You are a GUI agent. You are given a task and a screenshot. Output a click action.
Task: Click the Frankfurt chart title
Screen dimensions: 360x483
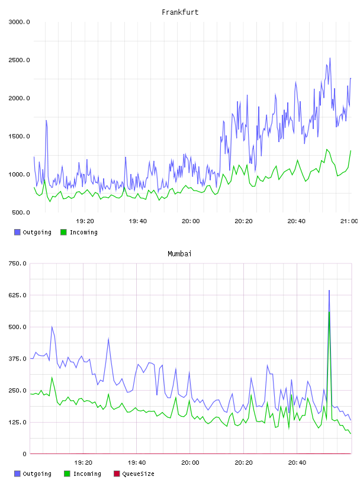coord(180,12)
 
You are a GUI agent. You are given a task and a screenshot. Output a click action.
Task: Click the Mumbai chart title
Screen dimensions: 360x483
coord(179,254)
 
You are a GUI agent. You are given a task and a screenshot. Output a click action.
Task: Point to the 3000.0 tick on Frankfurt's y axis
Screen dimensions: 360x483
coord(19,22)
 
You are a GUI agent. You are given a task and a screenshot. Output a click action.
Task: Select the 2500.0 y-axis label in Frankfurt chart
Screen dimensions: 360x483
coord(19,60)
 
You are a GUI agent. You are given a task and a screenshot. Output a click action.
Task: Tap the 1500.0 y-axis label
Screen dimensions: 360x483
coord(19,137)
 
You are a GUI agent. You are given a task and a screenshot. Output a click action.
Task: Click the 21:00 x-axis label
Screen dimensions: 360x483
coord(349,221)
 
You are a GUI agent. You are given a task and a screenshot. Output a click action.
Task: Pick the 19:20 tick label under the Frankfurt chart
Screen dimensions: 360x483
coord(85,221)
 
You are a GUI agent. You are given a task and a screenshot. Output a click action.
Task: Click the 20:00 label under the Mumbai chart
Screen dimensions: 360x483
coord(190,463)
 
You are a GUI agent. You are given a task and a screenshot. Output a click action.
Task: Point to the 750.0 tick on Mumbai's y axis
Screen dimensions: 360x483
coord(17,263)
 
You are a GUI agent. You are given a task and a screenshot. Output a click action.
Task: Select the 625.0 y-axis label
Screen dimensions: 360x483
coord(17,295)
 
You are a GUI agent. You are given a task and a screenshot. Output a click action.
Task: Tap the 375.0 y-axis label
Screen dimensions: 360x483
coord(17,359)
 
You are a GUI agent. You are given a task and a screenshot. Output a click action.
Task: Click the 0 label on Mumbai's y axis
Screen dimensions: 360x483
coord(24,454)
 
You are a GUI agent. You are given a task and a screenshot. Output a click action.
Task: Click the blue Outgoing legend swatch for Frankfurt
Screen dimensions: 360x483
coord(17,232)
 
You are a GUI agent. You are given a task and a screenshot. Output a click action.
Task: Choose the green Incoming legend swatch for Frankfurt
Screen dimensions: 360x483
coord(63,232)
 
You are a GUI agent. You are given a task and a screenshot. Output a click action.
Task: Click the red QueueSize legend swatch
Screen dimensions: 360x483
coord(117,474)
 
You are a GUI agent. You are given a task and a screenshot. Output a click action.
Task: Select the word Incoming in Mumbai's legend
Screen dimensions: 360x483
coord(87,474)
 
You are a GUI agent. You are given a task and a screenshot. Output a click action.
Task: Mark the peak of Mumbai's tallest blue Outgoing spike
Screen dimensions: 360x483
coord(329,290)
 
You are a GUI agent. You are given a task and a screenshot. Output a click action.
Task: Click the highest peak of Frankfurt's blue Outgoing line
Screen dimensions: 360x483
coord(330,58)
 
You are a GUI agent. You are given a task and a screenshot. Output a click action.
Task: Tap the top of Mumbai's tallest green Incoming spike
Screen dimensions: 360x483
coord(329,312)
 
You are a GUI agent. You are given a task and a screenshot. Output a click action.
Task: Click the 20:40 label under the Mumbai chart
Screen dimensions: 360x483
coord(297,463)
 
